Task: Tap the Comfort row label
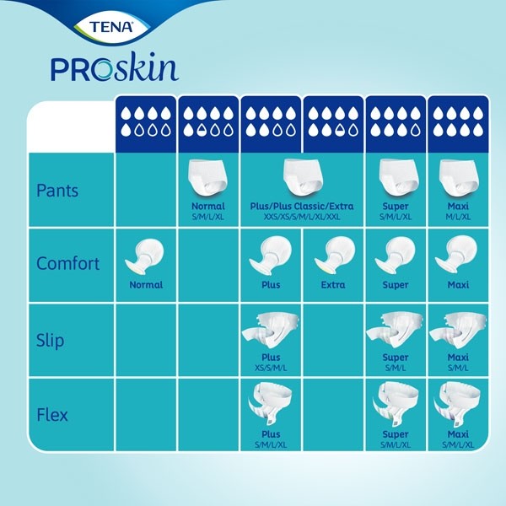tap(68, 263)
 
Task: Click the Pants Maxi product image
tap(458, 178)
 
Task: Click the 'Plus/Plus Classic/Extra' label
tap(302, 206)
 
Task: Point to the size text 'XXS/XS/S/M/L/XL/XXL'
tap(302, 217)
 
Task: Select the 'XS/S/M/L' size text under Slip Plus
tap(271, 368)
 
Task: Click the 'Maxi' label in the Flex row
tap(458, 434)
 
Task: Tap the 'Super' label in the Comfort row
tap(396, 285)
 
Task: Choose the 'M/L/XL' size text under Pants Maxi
tap(458, 217)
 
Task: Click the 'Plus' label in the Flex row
tap(271, 434)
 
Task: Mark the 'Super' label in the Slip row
tap(396, 358)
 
